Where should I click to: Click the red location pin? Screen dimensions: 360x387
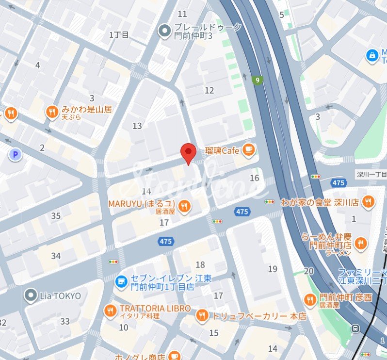188,152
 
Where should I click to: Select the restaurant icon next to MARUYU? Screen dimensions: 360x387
184,206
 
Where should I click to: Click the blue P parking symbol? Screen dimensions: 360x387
16,155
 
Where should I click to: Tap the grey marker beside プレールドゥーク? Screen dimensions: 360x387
165,32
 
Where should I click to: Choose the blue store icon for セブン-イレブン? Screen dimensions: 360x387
121,280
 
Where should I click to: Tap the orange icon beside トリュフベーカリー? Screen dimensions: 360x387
202,316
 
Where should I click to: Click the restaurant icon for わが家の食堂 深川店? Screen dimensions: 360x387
369,201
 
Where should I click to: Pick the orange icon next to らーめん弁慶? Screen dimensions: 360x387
360,244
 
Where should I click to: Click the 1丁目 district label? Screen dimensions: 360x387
119,34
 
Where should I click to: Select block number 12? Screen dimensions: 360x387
209,90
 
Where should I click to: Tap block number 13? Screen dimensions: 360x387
137,126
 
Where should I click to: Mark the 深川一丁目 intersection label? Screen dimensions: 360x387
371,174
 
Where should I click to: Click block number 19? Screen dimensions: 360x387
273,269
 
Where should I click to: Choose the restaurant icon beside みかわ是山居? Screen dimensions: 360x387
52,113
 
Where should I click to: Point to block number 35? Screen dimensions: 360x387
56,216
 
